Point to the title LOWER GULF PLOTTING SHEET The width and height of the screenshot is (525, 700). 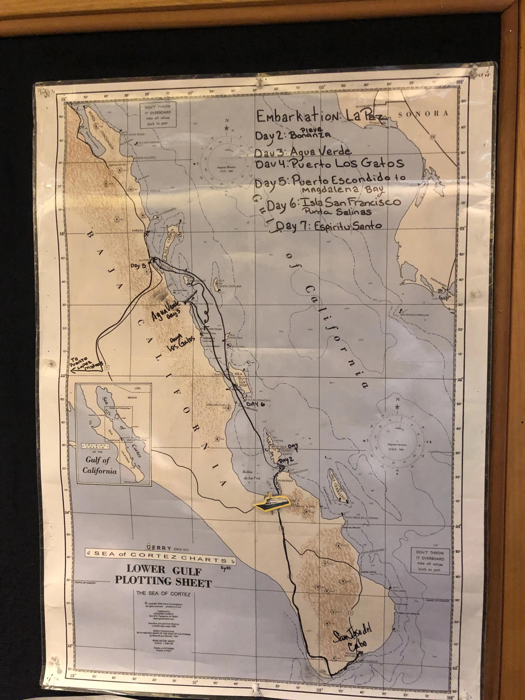point(163,576)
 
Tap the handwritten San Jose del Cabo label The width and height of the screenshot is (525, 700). point(353,636)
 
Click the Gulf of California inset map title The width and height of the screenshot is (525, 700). point(97,465)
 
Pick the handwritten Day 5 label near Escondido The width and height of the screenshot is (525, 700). point(138,266)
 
